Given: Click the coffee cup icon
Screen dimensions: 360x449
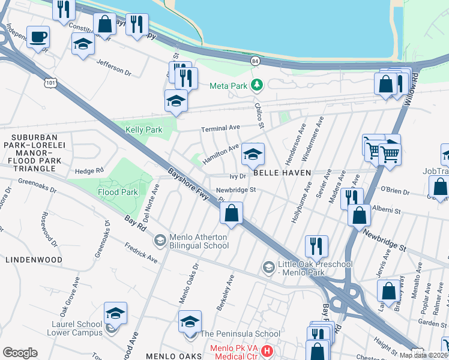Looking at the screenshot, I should (38, 37).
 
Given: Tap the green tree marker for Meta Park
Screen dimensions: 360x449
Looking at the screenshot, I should (257, 85).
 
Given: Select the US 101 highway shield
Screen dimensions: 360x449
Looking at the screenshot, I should (52, 83).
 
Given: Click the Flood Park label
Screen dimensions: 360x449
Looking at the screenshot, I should (118, 193).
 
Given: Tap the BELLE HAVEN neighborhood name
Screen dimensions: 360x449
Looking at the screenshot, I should (282, 173).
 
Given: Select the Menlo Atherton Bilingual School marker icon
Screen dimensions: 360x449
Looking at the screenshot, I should (160, 241).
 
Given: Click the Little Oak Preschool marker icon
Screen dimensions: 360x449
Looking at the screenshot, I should (268, 266).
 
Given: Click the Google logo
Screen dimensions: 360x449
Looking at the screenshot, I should (20, 352).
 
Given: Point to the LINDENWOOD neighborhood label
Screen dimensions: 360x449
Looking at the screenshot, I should (34, 260).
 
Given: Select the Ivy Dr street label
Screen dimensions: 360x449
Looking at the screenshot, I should (238, 176).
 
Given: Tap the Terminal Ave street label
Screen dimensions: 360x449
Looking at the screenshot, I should (220, 128).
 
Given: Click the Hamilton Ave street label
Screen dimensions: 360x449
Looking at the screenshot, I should (220, 154).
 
